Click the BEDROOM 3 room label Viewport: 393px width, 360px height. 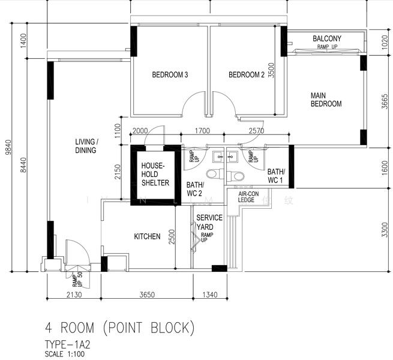[x=170, y=75]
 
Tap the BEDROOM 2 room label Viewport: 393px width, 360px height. [x=247, y=75]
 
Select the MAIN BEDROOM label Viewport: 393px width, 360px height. [x=326, y=100]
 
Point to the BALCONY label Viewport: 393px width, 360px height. [x=327, y=38]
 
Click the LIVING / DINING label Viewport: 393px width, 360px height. [x=86, y=146]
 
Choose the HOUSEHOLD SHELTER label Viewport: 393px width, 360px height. [x=155, y=174]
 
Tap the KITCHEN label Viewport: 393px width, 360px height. [x=147, y=236]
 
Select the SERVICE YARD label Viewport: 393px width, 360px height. [x=209, y=223]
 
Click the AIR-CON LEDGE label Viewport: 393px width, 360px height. [x=248, y=197]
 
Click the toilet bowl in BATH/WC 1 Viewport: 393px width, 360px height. [x=235, y=176]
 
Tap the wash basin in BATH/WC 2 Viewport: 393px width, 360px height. [x=218, y=157]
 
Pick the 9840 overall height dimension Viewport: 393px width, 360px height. [x=8, y=147]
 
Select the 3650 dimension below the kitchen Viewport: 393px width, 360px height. [x=147, y=295]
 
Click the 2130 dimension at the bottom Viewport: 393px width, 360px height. [x=74, y=295]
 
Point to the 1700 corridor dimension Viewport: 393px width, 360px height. [x=202, y=131]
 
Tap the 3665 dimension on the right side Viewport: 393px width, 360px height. [x=385, y=101]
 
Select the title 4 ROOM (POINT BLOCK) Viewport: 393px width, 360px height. [x=120, y=328]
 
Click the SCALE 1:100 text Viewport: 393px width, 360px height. [x=65, y=354]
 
